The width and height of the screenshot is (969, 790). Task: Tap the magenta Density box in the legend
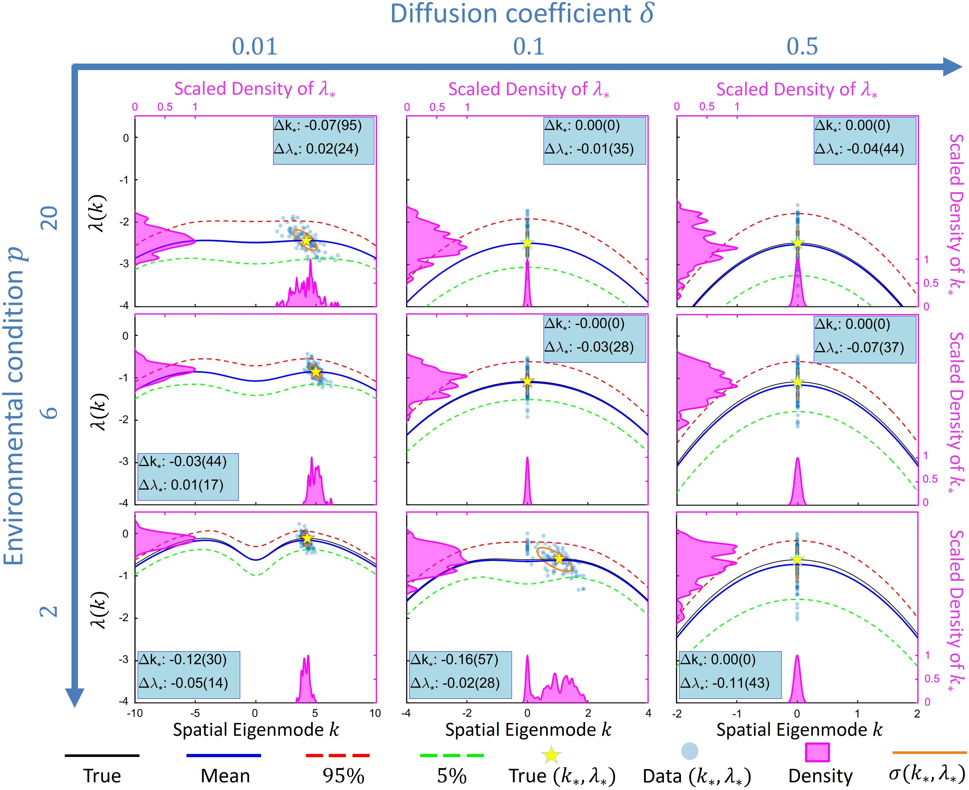(x=817, y=752)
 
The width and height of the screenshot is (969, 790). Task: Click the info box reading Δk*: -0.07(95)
(x=323, y=140)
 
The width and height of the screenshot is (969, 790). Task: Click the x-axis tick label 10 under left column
(x=375, y=713)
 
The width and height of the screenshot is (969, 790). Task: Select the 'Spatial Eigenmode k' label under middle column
(x=528, y=730)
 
